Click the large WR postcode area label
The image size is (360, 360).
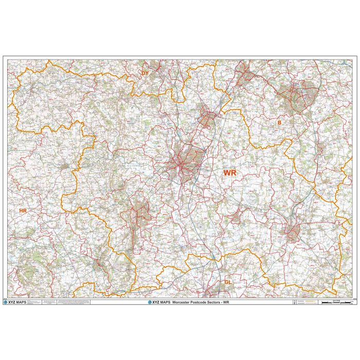[x=229, y=173]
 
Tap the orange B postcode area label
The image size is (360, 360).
[x=279, y=123]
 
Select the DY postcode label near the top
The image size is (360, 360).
[x=145, y=74]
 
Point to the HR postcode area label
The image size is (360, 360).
[x=22, y=211]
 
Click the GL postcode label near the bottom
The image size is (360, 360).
[x=228, y=282]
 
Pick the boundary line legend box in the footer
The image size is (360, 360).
[x=307, y=302]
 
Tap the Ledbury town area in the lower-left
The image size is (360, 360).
[x=98, y=265]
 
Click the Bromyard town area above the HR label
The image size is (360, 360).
[x=64, y=166]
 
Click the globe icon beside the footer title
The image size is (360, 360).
[x=150, y=302]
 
